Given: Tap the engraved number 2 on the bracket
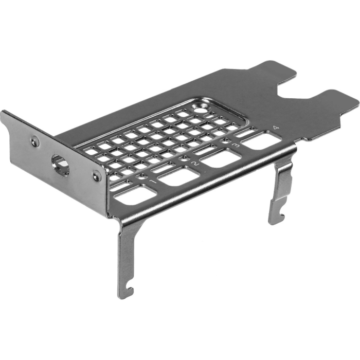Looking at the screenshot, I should [194, 164].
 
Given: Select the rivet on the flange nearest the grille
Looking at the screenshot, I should [96, 176].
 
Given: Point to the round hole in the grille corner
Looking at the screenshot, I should [200, 110].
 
